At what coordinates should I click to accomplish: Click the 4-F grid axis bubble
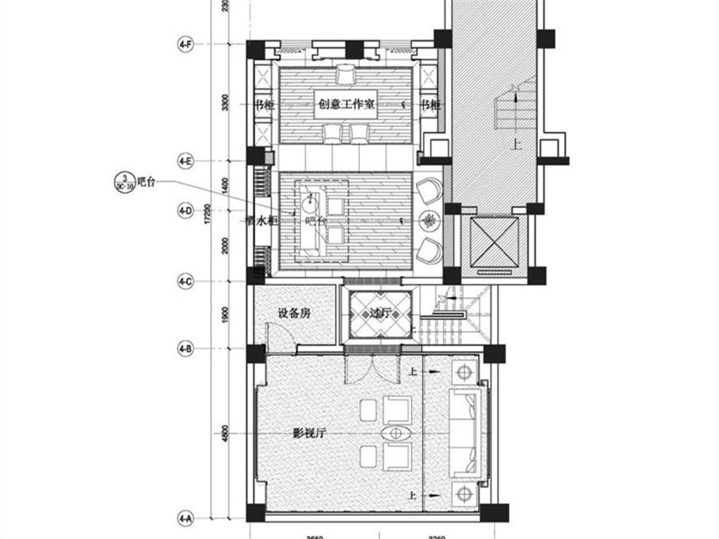click(x=185, y=44)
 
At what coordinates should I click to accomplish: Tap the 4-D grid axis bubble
click(x=185, y=210)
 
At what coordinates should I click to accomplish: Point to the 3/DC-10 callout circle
click(x=124, y=182)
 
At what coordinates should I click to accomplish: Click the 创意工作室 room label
click(x=347, y=106)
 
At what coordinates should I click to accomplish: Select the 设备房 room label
click(x=294, y=312)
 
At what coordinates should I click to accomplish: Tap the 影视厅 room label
click(x=310, y=432)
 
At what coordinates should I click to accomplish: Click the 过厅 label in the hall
click(x=378, y=313)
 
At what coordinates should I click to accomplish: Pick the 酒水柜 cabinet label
click(x=261, y=221)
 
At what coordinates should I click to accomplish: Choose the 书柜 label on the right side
click(x=431, y=106)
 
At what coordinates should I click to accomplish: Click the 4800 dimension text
click(x=225, y=432)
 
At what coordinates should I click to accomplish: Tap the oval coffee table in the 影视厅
click(x=396, y=432)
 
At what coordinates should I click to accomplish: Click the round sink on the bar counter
click(x=308, y=203)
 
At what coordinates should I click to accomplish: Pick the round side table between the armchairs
click(x=429, y=222)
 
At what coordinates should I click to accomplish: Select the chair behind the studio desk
click(x=346, y=74)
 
